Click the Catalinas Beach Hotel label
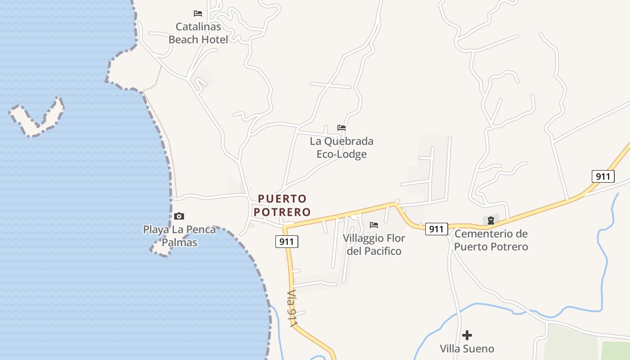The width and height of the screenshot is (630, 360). [x=198, y=33]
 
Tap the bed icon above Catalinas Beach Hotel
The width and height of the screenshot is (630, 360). [x=198, y=13]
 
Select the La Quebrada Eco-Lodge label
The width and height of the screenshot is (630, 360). [x=342, y=148]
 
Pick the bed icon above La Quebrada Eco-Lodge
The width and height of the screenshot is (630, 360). [x=342, y=128]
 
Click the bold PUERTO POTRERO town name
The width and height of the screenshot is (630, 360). [x=284, y=205]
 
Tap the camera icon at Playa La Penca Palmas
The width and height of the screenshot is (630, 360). [x=179, y=216]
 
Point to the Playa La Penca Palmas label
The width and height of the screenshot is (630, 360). [x=180, y=236]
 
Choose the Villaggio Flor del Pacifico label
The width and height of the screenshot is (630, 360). [x=374, y=244]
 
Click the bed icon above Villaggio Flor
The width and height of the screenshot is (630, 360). [x=374, y=225]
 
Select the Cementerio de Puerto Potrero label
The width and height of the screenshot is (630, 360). [x=491, y=240]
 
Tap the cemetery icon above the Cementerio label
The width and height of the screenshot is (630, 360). [x=491, y=220]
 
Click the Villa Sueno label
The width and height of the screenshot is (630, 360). [x=467, y=349]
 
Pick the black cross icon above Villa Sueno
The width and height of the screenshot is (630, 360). [x=467, y=335]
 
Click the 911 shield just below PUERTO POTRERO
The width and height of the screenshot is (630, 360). [x=287, y=242]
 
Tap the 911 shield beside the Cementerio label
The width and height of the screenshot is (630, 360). [x=436, y=229]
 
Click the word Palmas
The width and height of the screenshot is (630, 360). [x=180, y=243]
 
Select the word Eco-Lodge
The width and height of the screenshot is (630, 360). [x=342, y=154]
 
